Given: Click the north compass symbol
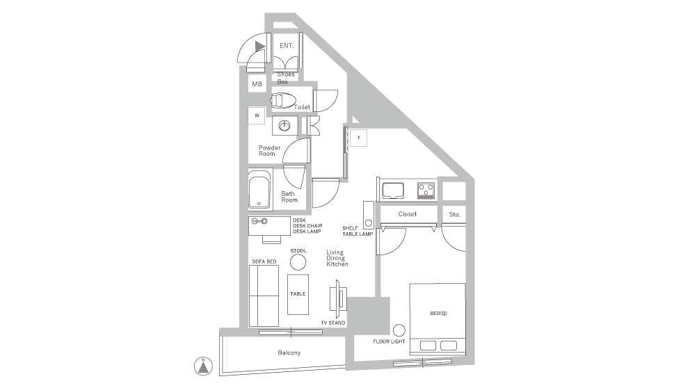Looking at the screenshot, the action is [x=203, y=366].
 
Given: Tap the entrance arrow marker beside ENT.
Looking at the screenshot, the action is [x=260, y=46].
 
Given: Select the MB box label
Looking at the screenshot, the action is [x=257, y=83].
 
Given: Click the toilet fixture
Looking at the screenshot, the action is [x=282, y=101].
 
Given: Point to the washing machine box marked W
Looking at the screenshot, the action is [x=257, y=115].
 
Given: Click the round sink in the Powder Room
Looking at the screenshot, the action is [x=284, y=127].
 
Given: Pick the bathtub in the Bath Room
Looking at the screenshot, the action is [x=259, y=190].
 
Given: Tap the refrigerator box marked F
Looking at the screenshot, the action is [x=359, y=138].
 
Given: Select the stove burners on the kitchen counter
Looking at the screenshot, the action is [x=426, y=190].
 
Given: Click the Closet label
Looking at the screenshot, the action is [x=408, y=214].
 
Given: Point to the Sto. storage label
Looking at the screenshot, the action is [x=455, y=215].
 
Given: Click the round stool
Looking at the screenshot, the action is [x=298, y=262].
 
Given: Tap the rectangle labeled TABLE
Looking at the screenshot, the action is [x=298, y=294].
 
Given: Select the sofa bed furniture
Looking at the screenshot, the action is [x=264, y=296].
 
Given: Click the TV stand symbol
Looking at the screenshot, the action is [x=338, y=299].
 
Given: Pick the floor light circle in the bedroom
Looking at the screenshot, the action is [x=399, y=330].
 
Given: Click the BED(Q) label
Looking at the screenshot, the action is [x=438, y=314].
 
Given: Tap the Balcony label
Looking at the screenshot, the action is [x=289, y=353].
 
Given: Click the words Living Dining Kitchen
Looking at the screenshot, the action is [x=337, y=258].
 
